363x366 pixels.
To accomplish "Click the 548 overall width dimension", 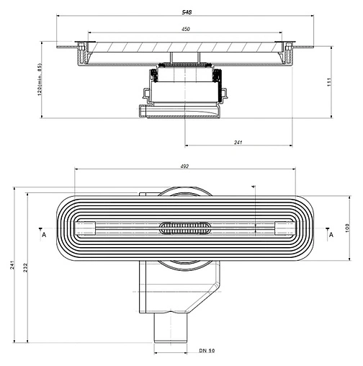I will [x=186, y=13].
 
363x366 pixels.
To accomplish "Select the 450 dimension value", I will [x=185, y=30].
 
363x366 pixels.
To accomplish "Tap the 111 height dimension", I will [x=348, y=84].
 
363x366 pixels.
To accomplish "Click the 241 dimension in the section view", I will [x=238, y=142].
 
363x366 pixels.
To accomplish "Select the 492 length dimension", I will [x=184, y=166].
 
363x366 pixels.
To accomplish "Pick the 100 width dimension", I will [x=348, y=228].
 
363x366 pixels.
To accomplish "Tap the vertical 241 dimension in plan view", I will [x=12, y=267].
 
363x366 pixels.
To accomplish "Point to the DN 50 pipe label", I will [x=207, y=351].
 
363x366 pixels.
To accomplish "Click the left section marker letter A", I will [x=43, y=235].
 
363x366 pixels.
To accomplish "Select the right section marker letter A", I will [x=331, y=235].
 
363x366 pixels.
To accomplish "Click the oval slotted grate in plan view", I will [x=185, y=228].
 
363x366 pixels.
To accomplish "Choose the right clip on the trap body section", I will [x=223, y=94].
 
